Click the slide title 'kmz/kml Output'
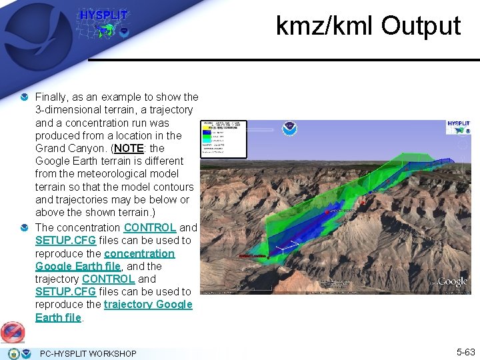368,26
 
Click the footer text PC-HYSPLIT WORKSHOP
88,353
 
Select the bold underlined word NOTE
133,148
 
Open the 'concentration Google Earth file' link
105,260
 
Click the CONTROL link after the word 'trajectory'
108,279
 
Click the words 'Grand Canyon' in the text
67,148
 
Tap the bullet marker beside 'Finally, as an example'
25,97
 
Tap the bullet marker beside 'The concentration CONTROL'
25,228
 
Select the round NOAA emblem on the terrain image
290,129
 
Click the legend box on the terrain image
224,139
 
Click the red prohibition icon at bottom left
13,331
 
